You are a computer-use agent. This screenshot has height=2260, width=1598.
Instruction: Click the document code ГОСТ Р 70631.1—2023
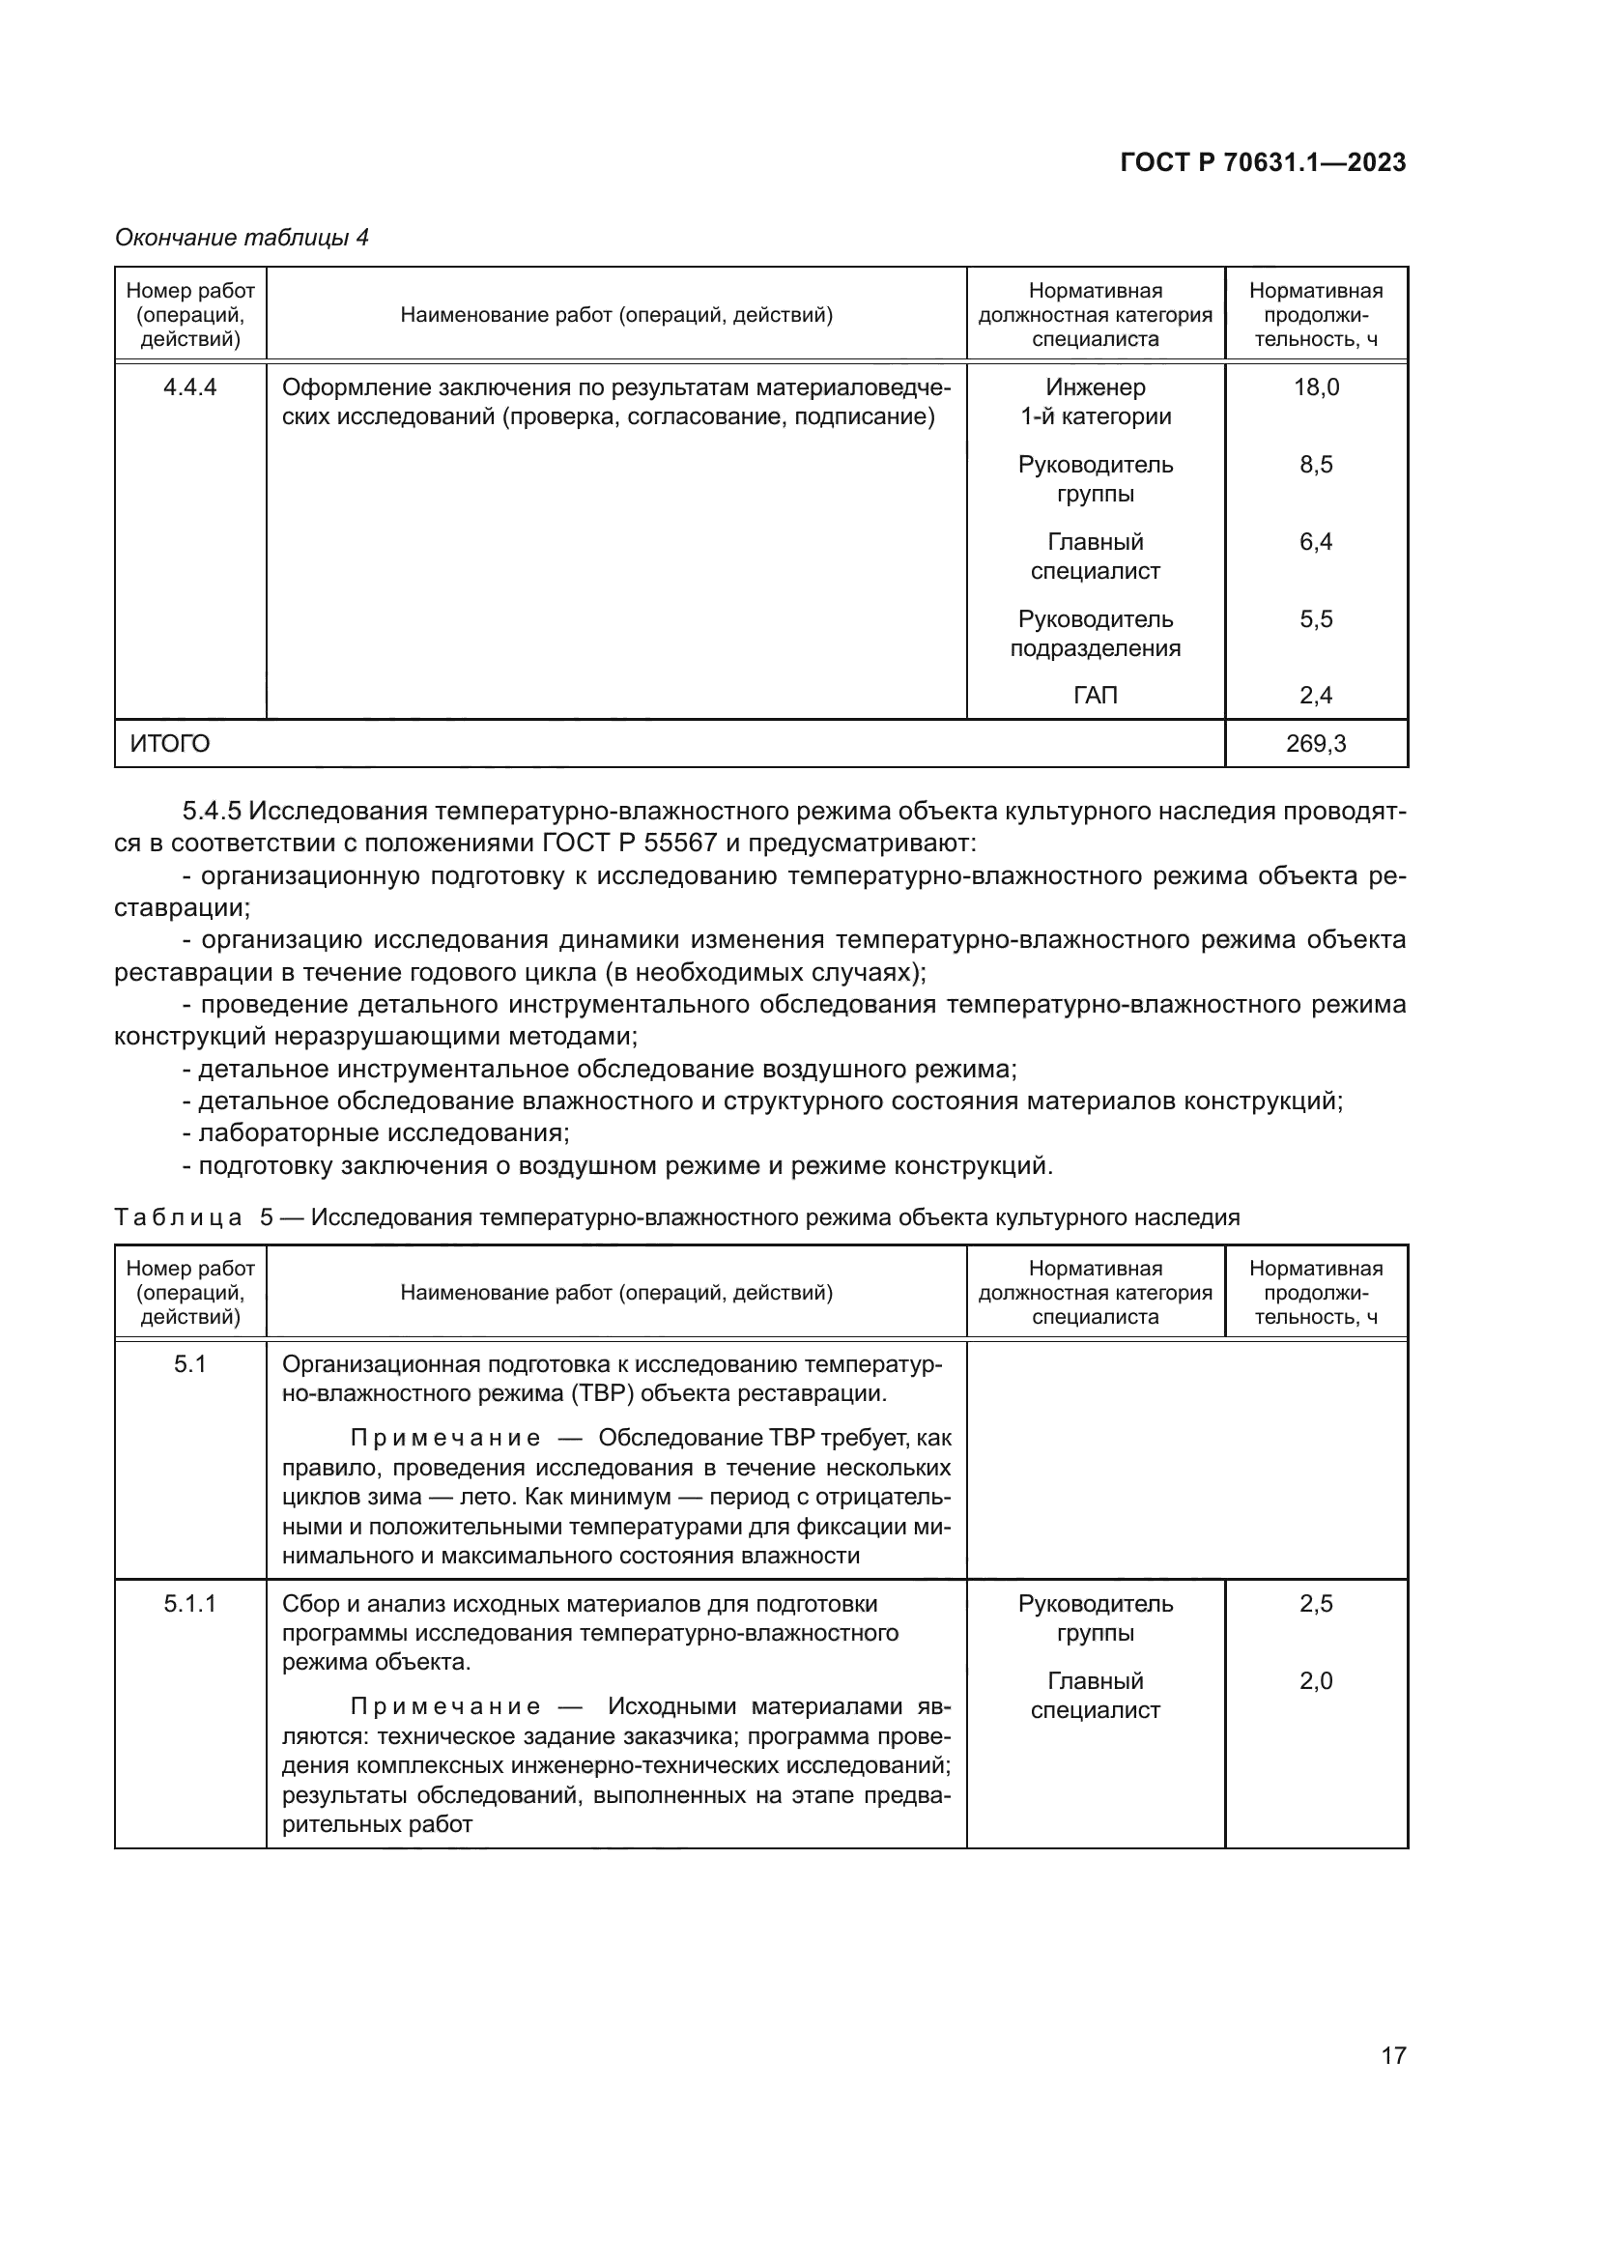pyautogui.click(x=1263, y=163)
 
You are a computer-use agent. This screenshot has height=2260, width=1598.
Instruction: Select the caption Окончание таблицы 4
pyautogui.click(x=243, y=238)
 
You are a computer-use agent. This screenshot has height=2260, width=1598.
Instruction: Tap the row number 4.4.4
pyautogui.click(x=190, y=386)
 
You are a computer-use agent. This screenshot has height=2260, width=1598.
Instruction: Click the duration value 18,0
pyautogui.click(x=1316, y=386)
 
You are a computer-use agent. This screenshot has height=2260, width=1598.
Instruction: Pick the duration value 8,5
pyautogui.click(x=1316, y=465)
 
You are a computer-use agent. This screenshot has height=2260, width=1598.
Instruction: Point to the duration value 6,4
pyautogui.click(x=1316, y=541)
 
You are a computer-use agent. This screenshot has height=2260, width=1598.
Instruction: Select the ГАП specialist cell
pyautogui.click(x=1096, y=696)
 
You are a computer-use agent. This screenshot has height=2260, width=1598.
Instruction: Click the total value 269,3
pyautogui.click(x=1316, y=743)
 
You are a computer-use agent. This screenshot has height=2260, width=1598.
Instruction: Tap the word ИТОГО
pyautogui.click(x=170, y=743)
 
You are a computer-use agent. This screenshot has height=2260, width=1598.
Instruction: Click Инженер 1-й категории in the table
pyautogui.click(x=1096, y=402)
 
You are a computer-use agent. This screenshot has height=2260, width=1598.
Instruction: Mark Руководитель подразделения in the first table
pyautogui.click(x=1096, y=633)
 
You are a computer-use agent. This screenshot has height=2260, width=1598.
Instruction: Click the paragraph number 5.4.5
pyautogui.click(x=212, y=811)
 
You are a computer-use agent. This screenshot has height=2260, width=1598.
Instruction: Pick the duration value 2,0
pyautogui.click(x=1316, y=1681)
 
